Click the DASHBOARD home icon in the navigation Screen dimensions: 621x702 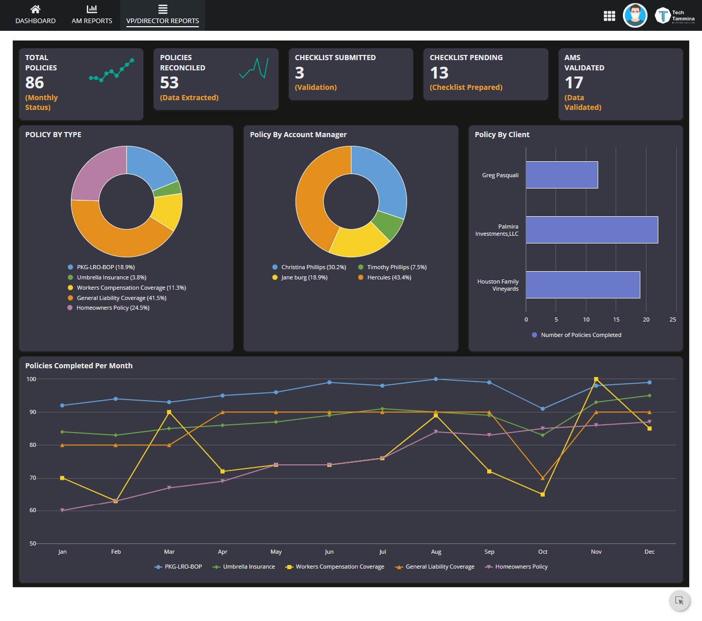click(x=35, y=9)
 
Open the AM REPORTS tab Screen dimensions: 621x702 click(x=92, y=15)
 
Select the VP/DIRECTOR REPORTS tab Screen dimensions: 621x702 click(x=162, y=15)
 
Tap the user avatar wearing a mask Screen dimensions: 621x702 click(x=635, y=15)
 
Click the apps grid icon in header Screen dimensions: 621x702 click(x=609, y=16)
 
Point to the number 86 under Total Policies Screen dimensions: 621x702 click(x=34, y=83)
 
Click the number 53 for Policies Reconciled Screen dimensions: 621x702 click(x=169, y=83)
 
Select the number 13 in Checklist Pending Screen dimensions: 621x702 click(x=439, y=73)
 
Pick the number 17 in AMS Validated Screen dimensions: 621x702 click(x=574, y=83)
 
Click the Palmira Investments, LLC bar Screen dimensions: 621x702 click(x=592, y=230)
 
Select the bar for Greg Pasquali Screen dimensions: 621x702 click(x=562, y=175)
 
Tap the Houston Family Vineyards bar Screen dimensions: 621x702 click(x=583, y=285)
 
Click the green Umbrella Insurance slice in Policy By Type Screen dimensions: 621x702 click(x=174, y=189)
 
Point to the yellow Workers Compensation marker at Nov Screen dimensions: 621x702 click(x=596, y=380)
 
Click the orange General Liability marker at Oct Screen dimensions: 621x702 click(x=543, y=478)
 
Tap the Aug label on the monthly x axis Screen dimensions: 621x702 click(x=436, y=552)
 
